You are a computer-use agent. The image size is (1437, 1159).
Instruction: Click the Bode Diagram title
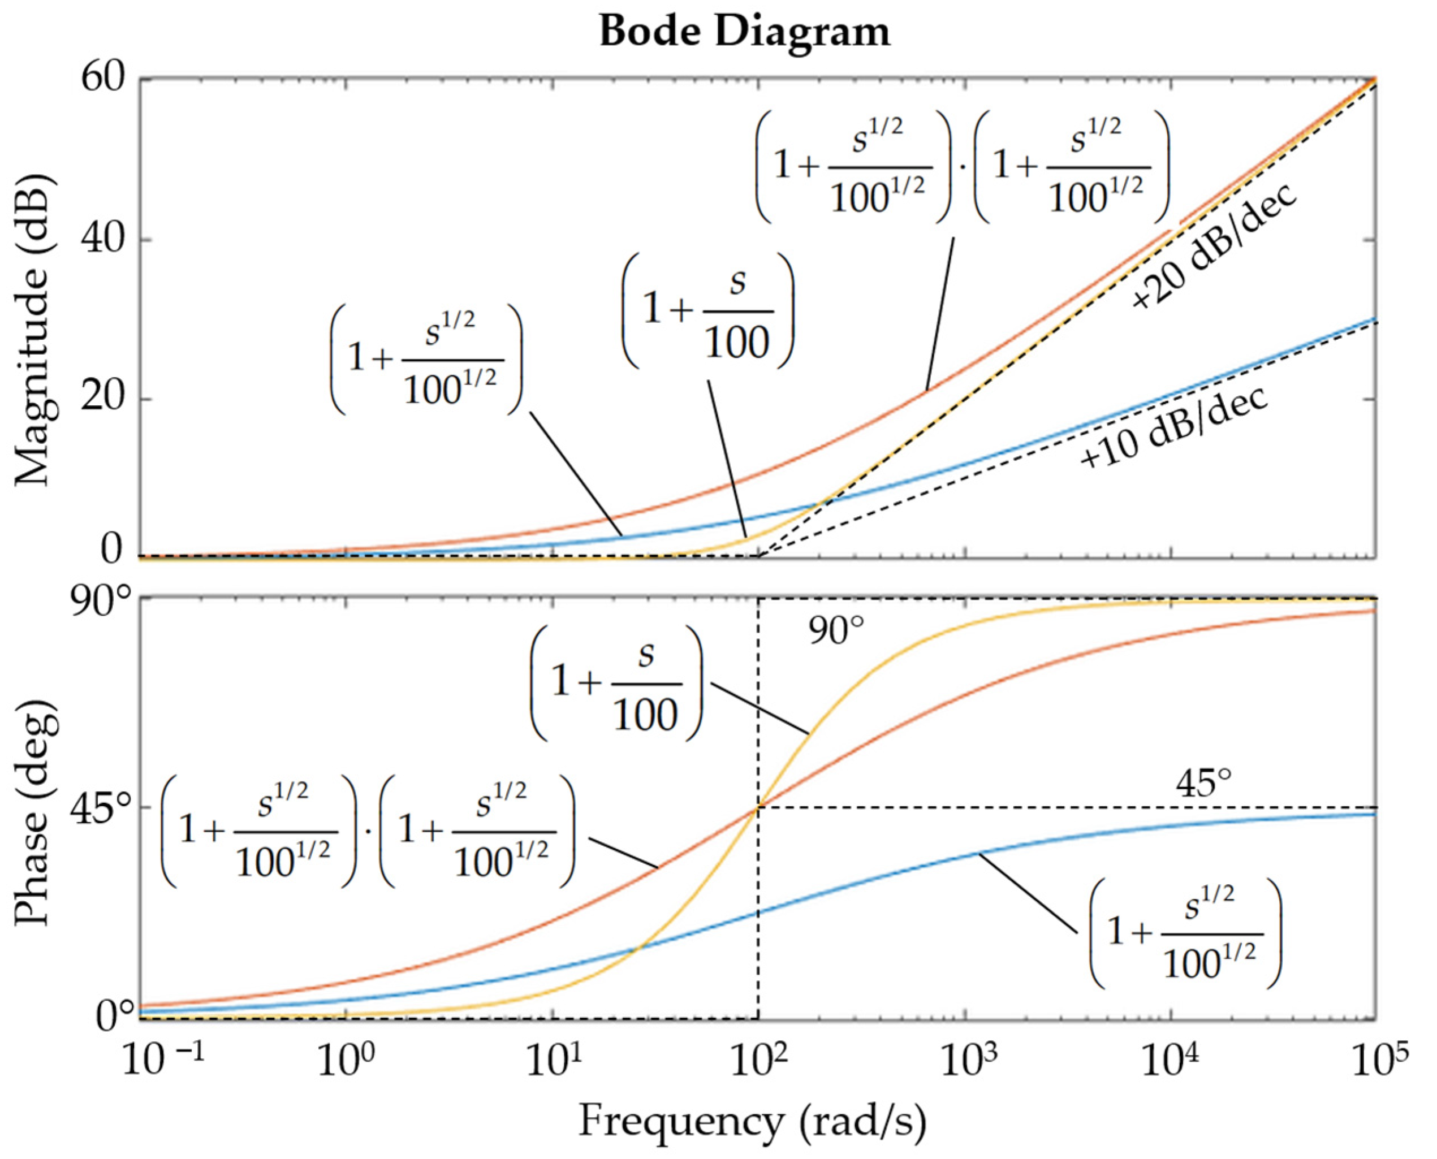click(x=745, y=32)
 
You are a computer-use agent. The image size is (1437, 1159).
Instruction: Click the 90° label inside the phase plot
click(x=836, y=632)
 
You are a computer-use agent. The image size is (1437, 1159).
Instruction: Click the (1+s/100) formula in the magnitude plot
click(x=708, y=311)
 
